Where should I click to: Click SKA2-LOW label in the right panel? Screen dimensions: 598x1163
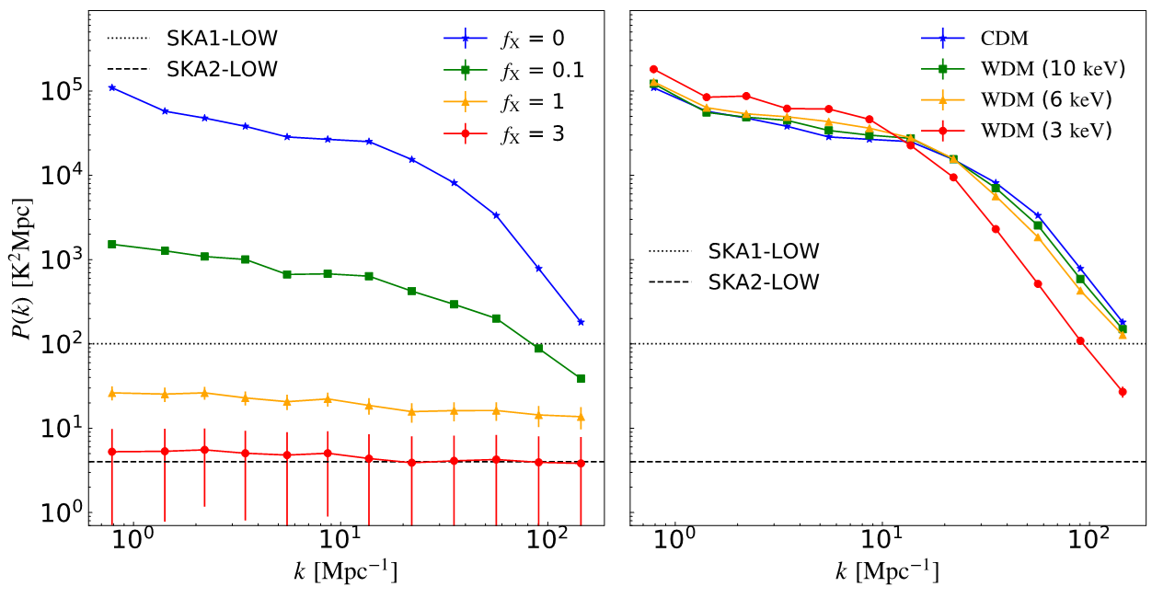point(764,282)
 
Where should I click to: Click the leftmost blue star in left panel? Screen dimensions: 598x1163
point(111,87)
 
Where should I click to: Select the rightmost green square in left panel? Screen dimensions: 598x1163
point(581,378)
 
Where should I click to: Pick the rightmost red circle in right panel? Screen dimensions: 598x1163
point(1123,392)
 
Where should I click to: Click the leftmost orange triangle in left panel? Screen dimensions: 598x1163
point(111,393)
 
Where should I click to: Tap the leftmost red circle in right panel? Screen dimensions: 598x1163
point(653,69)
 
